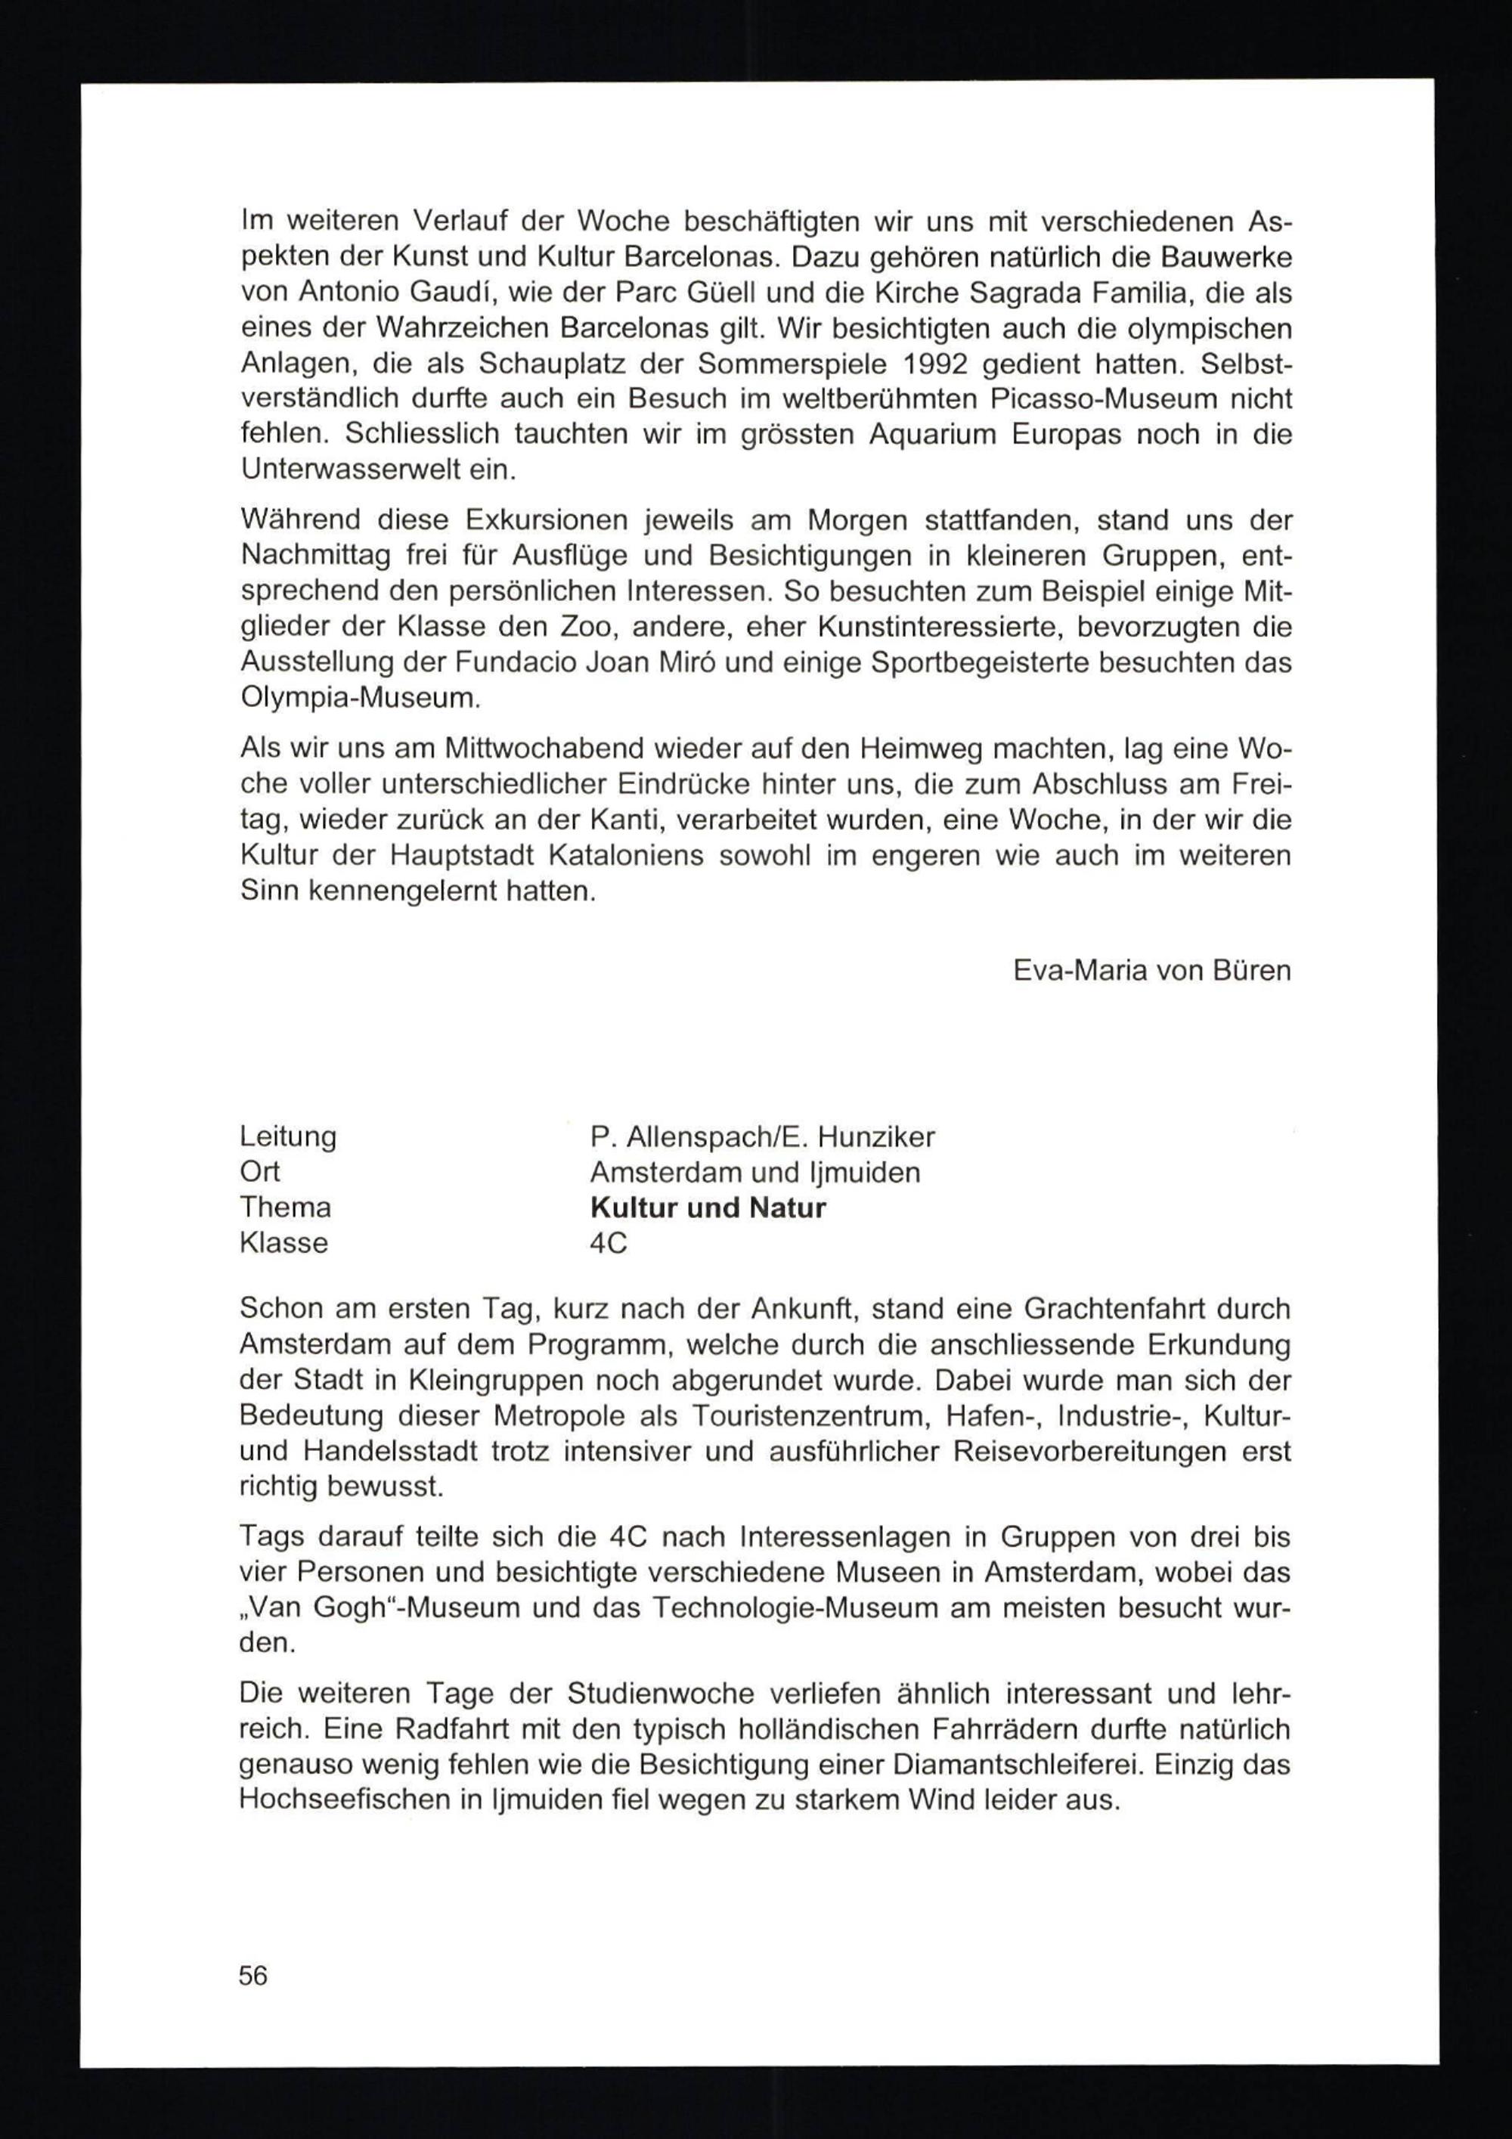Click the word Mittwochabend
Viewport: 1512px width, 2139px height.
[x=546, y=749]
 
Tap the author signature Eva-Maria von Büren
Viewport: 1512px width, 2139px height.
[x=1151, y=971]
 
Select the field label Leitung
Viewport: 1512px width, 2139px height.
[x=288, y=1136]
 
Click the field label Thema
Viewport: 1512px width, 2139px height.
[x=285, y=1207]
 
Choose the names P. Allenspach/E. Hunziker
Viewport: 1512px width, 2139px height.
[x=762, y=1137]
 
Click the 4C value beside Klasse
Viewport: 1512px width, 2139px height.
[x=609, y=1244]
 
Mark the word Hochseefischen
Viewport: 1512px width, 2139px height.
[x=342, y=1800]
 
